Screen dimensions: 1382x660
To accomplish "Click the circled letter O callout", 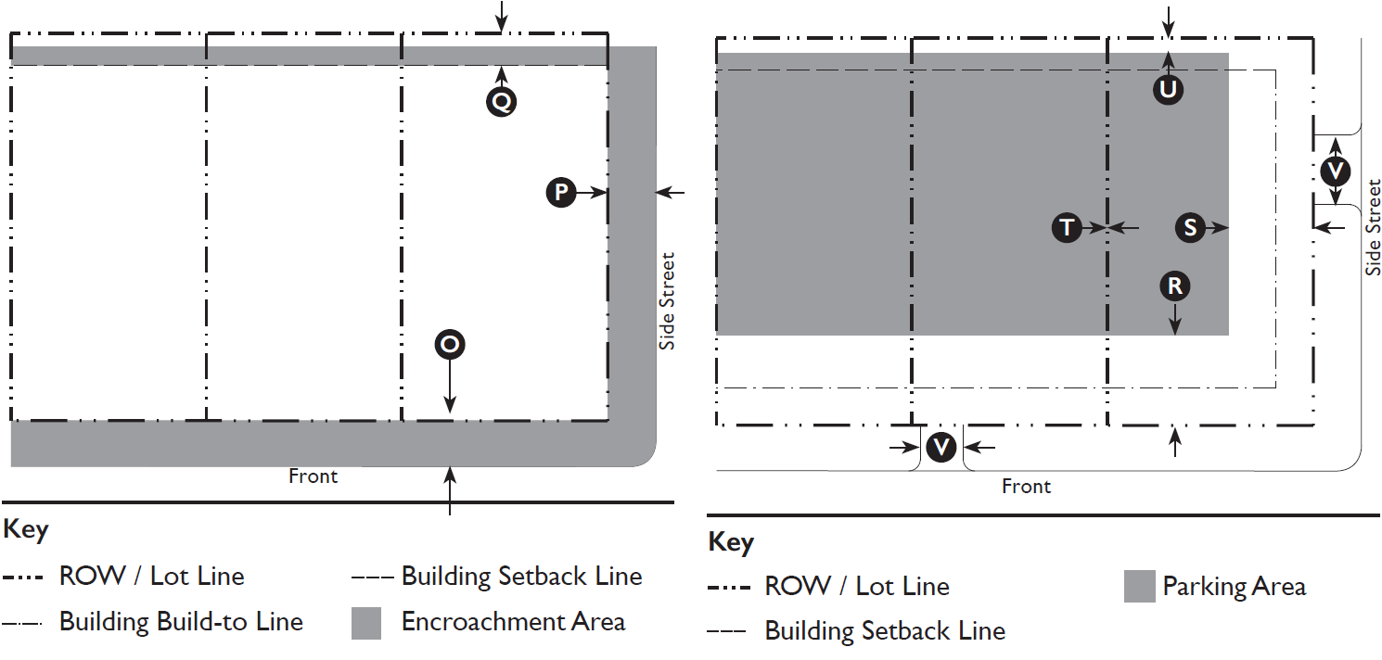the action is tap(450, 345).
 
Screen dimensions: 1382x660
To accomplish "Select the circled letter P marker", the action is tap(561, 192).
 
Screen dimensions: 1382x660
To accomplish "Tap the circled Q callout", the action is tap(501, 101).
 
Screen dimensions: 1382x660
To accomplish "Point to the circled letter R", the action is tap(1175, 286).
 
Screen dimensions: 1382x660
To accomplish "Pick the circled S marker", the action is tap(1190, 227).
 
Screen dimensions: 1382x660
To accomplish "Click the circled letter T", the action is tap(1068, 227).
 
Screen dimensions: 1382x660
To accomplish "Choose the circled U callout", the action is tap(1168, 89).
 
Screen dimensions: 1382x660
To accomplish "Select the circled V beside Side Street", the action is tap(1336, 171).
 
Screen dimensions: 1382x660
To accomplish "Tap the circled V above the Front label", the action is tap(941, 448).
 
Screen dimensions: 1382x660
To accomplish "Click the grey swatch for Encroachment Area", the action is tap(366, 623).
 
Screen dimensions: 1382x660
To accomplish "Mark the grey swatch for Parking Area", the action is tap(1139, 587).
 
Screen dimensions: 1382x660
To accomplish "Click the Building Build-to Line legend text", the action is tap(181, 621).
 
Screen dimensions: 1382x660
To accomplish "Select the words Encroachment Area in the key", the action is tap(513, 621).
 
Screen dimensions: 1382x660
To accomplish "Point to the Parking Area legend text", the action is tap(1234, 587).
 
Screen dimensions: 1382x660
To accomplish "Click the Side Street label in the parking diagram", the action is tap(1373, 227).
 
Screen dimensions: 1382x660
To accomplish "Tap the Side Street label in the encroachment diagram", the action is tap(667, 301).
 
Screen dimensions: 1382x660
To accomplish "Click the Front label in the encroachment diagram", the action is tap(313, 476).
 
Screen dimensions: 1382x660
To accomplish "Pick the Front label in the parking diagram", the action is tap(1026, 487).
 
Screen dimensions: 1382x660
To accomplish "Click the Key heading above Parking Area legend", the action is tap(730, 542).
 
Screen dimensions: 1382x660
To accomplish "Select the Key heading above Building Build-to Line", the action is tap(26, 530).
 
